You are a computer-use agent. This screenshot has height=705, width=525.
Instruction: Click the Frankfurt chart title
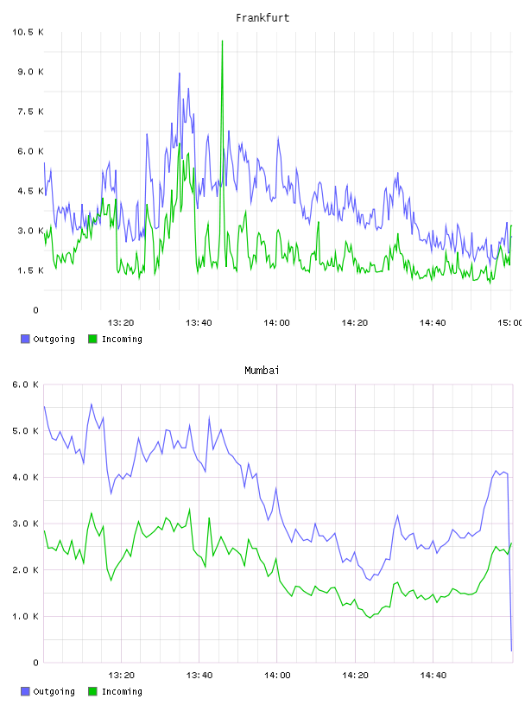point(262,17)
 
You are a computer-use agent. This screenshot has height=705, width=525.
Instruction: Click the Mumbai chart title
point(262,370)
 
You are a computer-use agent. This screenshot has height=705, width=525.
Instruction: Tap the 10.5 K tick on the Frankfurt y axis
point(28,32)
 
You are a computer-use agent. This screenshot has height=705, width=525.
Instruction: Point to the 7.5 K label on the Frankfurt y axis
point(30,111)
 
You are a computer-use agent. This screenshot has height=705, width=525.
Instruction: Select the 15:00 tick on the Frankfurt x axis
point(510,322)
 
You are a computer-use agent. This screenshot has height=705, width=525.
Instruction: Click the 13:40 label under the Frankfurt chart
point(199,322)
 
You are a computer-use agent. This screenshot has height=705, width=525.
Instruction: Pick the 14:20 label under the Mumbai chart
point(355,675)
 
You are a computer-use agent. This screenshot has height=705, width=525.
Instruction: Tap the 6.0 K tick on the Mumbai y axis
point(26,384)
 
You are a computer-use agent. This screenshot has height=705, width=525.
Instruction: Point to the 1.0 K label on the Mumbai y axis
point(26,616)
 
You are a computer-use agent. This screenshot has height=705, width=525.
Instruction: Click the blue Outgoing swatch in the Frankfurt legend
point(25,339)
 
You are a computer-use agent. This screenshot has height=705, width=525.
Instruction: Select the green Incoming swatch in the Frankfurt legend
point(92,339)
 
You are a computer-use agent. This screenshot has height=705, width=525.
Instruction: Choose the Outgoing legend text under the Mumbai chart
point(54,691)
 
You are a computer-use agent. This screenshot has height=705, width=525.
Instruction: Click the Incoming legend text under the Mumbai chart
point(122,691)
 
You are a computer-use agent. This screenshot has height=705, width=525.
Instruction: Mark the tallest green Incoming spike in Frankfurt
point(222,41)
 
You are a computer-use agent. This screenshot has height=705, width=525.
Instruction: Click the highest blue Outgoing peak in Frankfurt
point(180,73)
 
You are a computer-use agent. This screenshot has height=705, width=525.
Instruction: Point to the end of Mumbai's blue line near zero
point(511,651)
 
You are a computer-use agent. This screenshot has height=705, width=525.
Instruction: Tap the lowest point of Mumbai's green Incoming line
point(370,618)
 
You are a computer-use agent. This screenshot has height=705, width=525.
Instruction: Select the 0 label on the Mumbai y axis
point(36,663)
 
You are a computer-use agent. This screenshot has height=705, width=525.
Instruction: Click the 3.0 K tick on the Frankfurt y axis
point(30,231)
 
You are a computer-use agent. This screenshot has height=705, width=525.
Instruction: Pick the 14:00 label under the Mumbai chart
point(277,675)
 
